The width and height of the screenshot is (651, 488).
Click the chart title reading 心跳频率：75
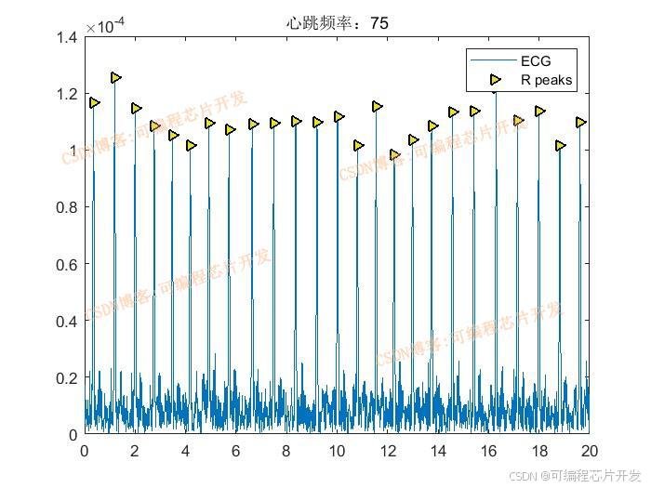[337, 23]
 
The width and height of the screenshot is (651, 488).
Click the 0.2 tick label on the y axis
[65, 377]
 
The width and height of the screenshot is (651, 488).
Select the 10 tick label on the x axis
[337, 451]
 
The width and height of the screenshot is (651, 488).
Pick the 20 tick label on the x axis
[589, 451]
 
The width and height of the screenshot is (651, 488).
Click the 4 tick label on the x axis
[185, 451]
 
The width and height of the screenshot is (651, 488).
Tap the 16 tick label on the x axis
[488, 451]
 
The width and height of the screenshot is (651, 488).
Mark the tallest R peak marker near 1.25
[116, 78]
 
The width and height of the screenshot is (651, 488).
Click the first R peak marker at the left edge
[94, 103]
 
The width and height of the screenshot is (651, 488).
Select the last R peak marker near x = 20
[581, 123]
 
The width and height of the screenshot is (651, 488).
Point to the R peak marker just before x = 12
[377, 107]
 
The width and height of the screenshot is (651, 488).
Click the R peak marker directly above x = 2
[137, 109]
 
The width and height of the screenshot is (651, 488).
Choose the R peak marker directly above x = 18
[539, 112]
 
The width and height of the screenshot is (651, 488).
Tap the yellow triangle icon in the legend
[495, 81]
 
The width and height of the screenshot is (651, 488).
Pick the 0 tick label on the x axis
[85, 451]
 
